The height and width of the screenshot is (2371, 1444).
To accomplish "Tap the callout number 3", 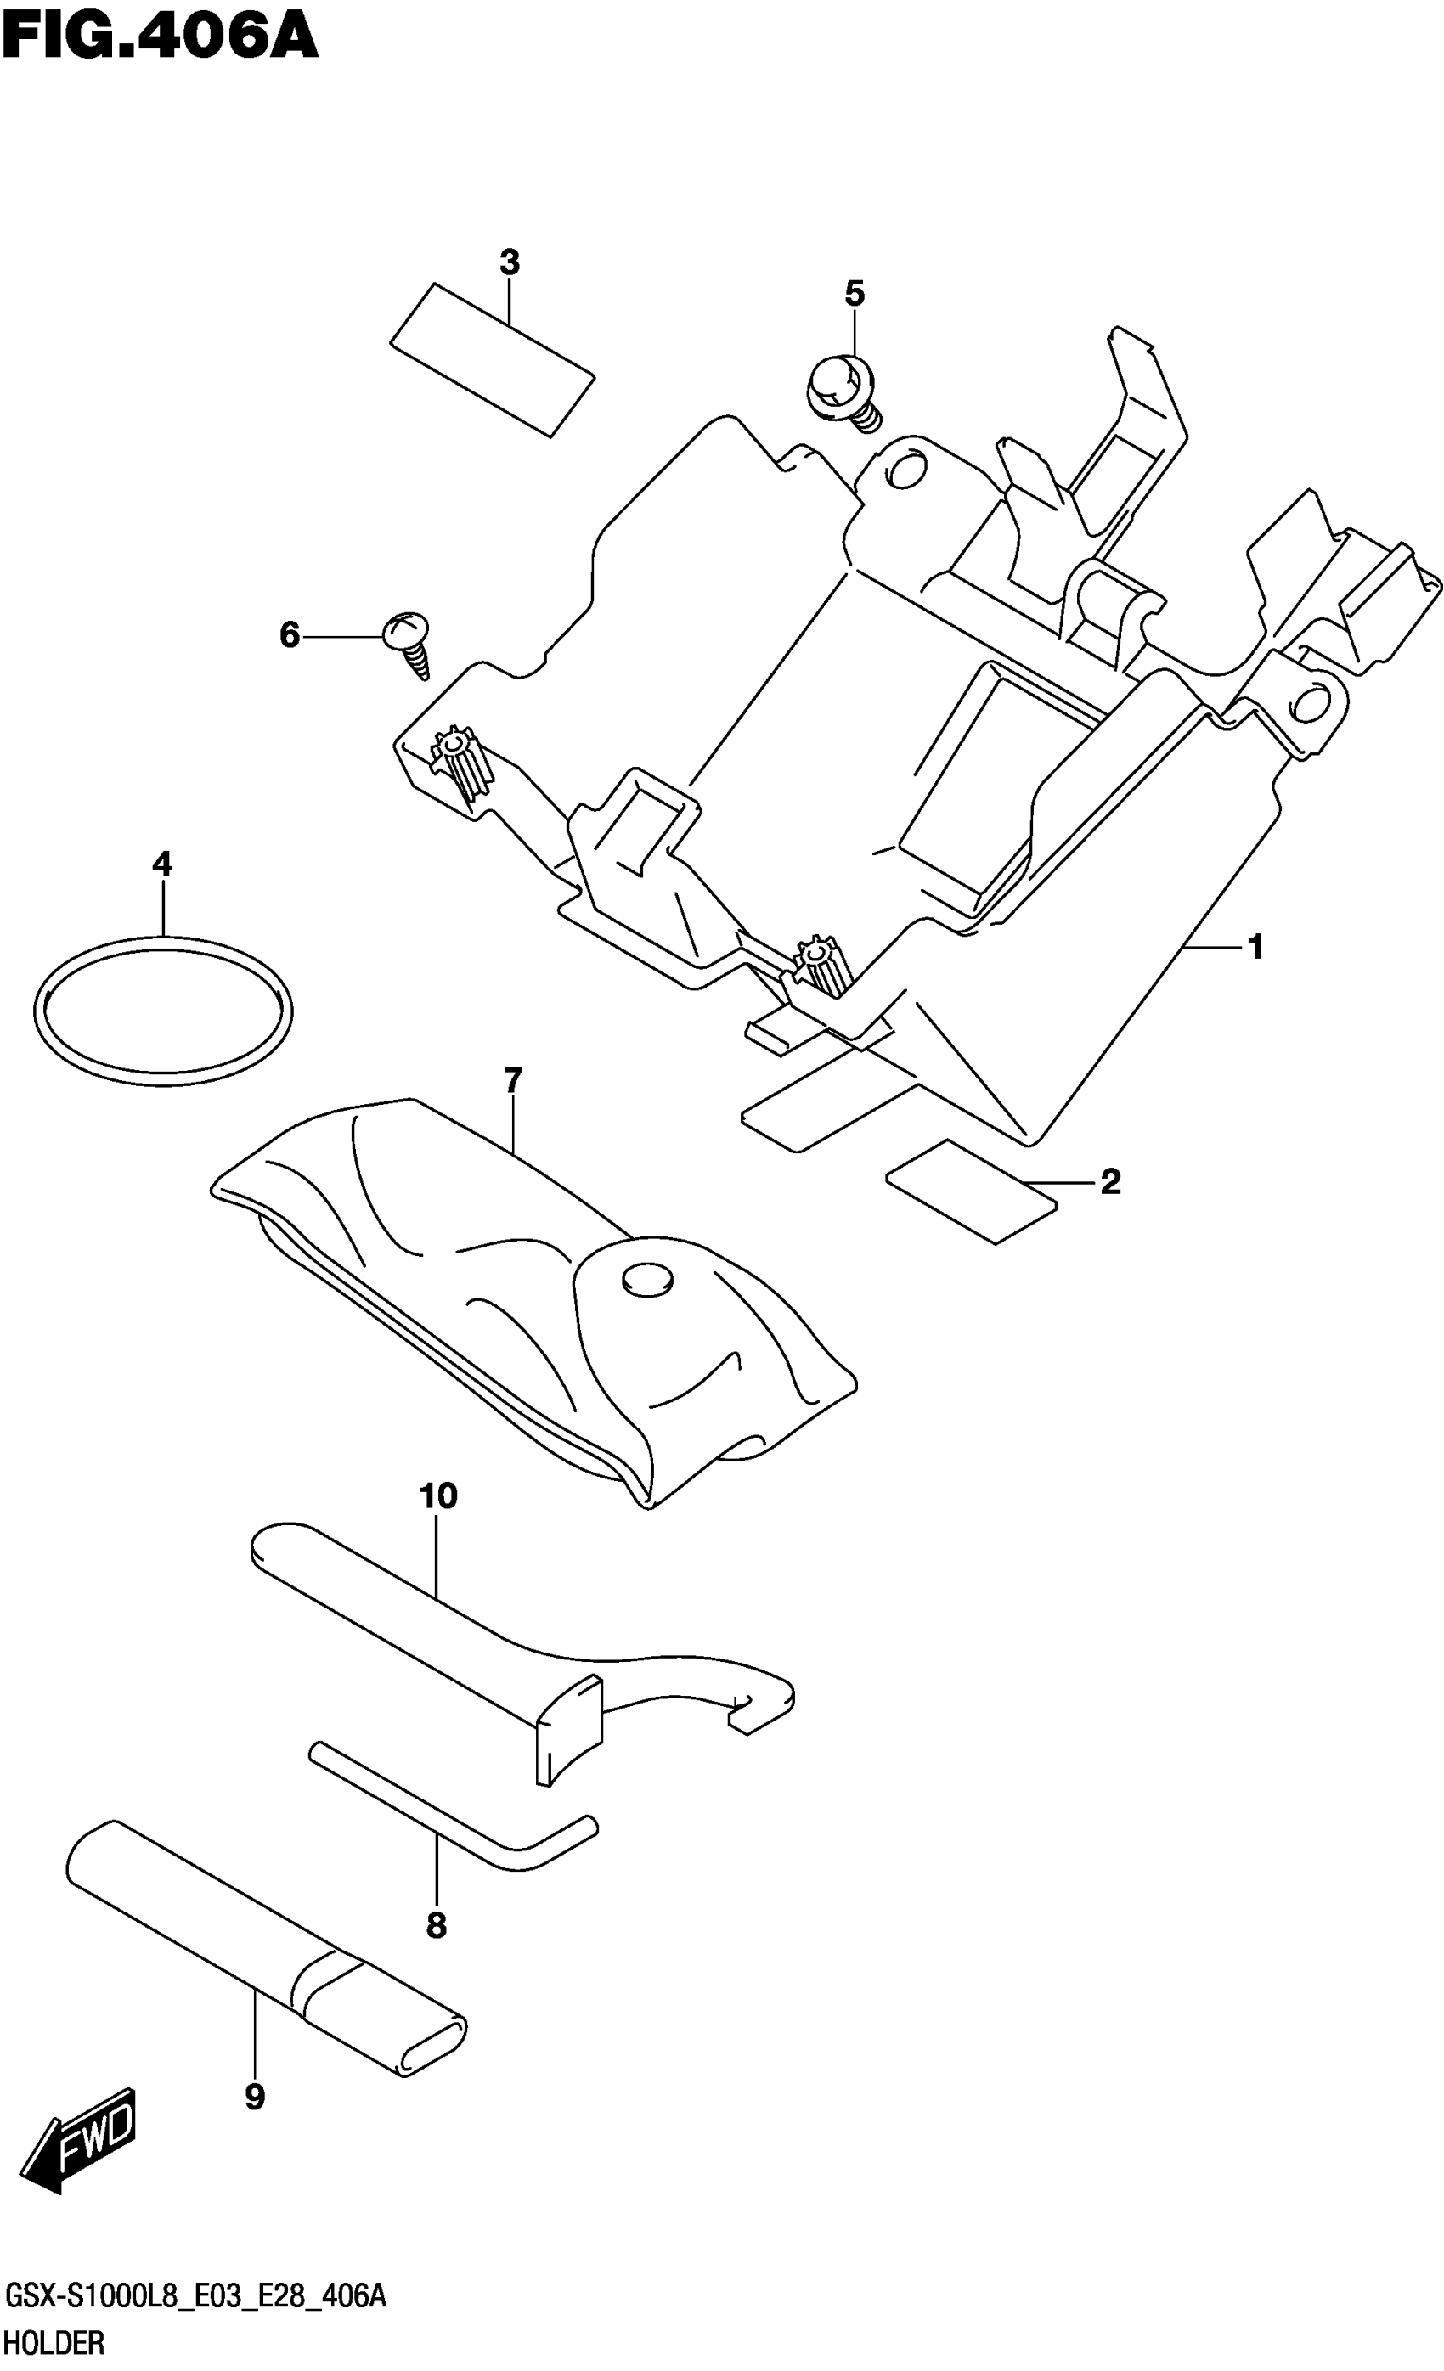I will point(510,262).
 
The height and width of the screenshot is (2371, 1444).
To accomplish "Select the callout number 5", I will point(855,294).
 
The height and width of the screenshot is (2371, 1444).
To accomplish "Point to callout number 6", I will point(290,635).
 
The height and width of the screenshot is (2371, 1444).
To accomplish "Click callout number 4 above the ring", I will point(161,864).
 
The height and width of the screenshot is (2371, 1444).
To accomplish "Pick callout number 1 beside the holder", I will point(1255,948).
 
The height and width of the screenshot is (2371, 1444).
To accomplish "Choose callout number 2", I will point(1110,1181).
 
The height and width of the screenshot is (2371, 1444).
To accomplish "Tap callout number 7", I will point(512,1080).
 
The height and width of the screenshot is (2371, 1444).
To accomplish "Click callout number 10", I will point(438,1496).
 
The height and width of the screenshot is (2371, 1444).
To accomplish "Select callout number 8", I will point(436,1925).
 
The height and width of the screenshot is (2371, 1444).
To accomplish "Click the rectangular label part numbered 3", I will point(492,360).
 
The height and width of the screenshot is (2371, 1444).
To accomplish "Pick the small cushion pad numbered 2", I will point(970,1192).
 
